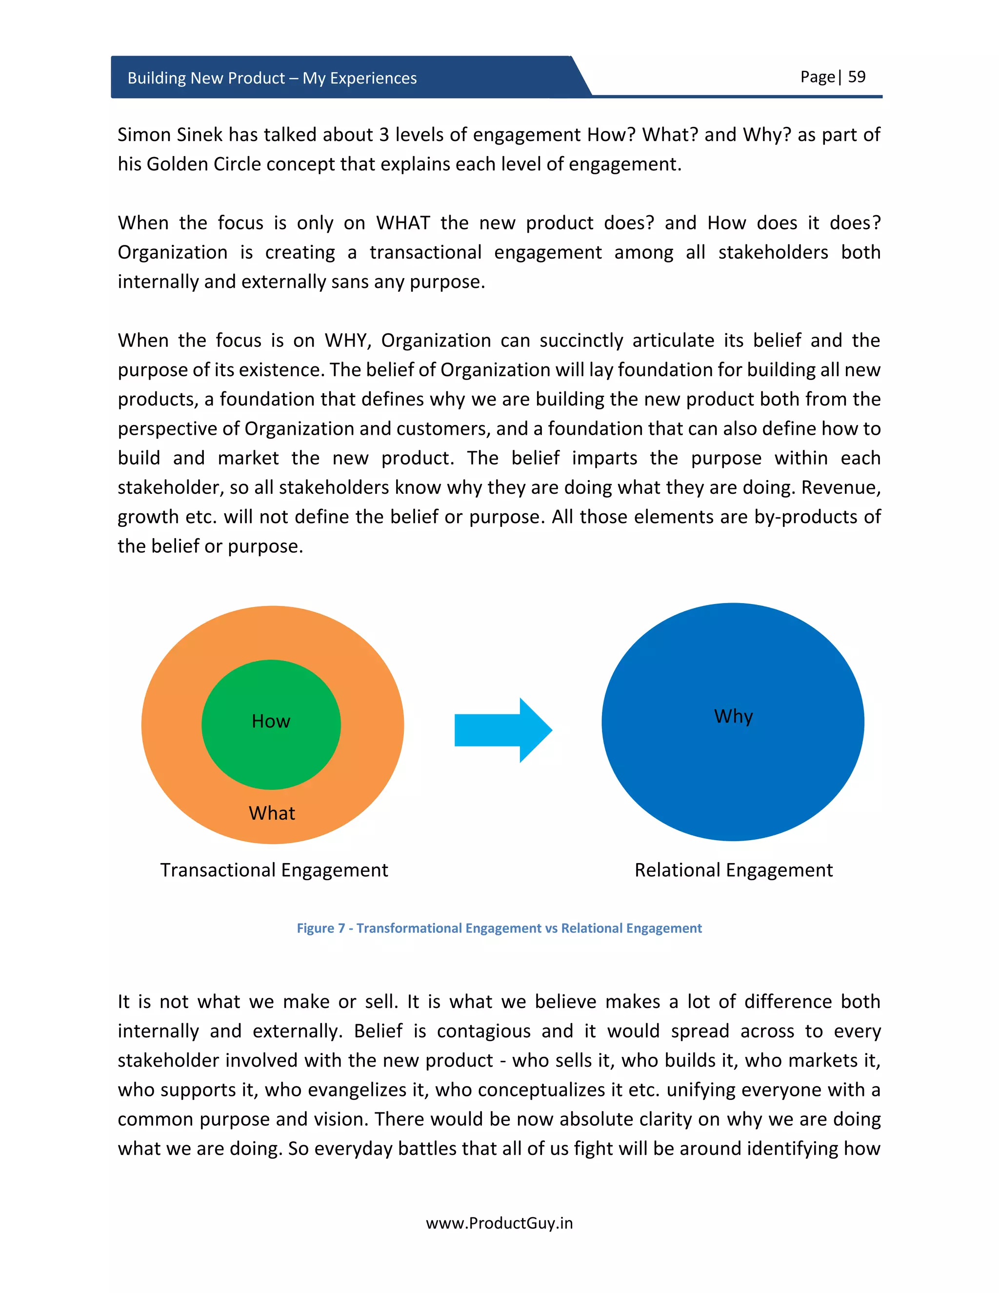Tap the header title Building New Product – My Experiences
pyautogui.click(x=272, y=78)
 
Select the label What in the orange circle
pyautogui.click(x=272, y=813)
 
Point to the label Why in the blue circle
pyautogui.click(x=733, y=716)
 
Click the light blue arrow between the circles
pyautogui.click(x=503, y=730)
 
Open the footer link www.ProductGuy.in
pyautogui.click(x=499, y=1223)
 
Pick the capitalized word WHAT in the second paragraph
pyautogui.click(x=402, y=222)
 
